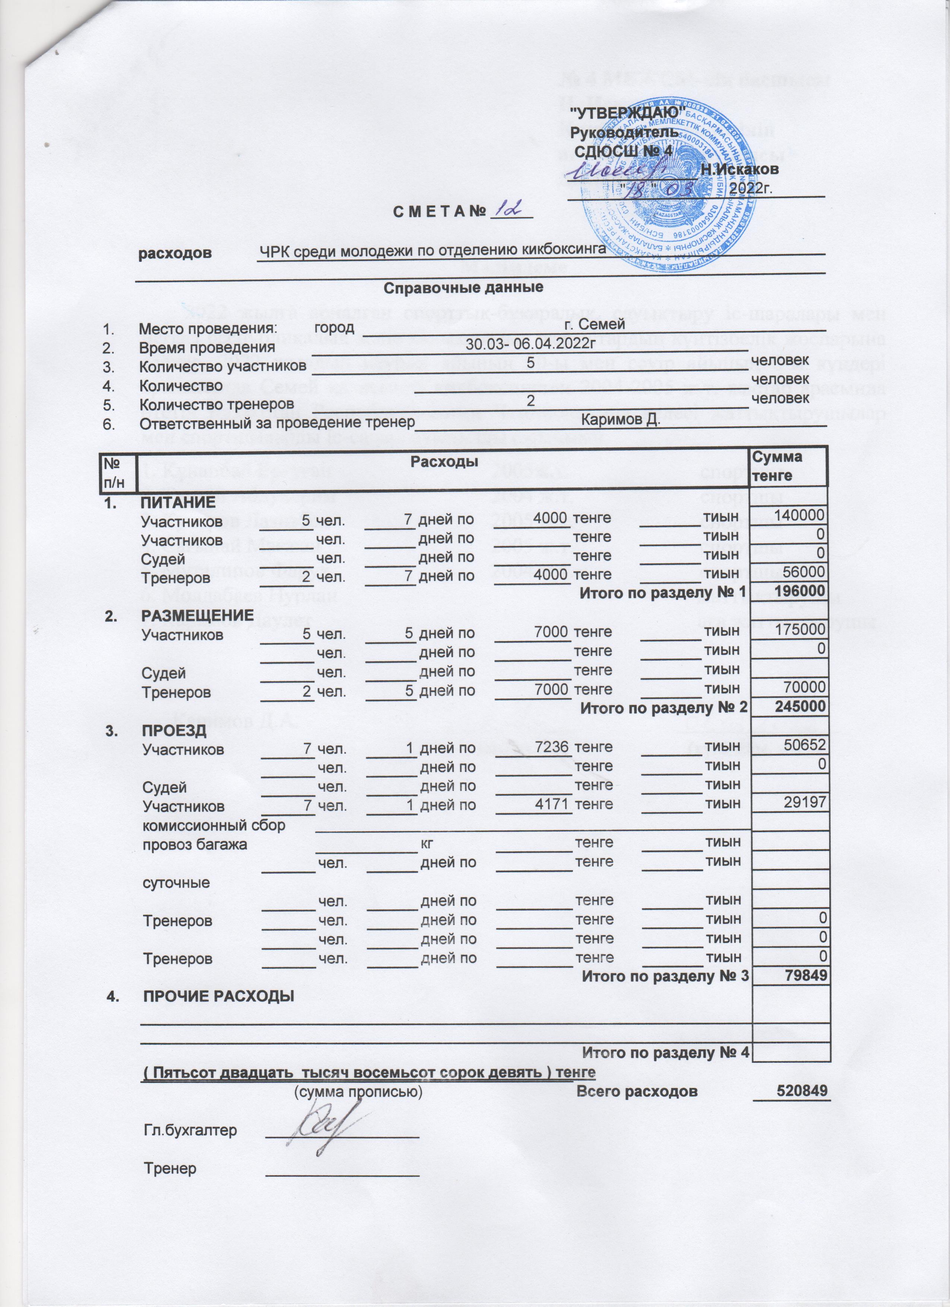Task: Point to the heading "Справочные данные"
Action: (463, 287)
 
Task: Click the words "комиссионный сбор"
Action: (214, 825)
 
